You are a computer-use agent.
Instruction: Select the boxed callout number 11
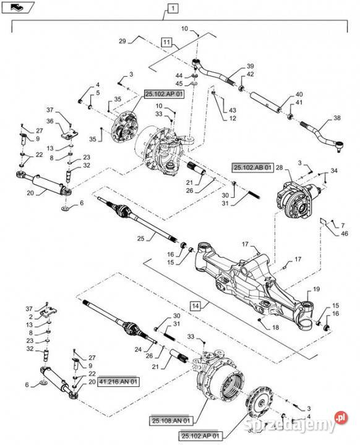click(x=166, y=42)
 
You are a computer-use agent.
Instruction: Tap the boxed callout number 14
click(x=195, y=306)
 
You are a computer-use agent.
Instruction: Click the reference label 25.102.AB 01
click(x=252, y=167)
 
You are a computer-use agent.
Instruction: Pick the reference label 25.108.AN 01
click(x=171, y=420)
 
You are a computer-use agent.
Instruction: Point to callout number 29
click(x=122, y=41)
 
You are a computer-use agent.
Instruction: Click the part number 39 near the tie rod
click(x=251, y=66)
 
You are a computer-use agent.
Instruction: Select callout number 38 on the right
click(x=337, y=118)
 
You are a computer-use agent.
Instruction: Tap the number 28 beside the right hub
click(x=279, y=167)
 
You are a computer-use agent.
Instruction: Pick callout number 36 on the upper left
click(x=51, y=121)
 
